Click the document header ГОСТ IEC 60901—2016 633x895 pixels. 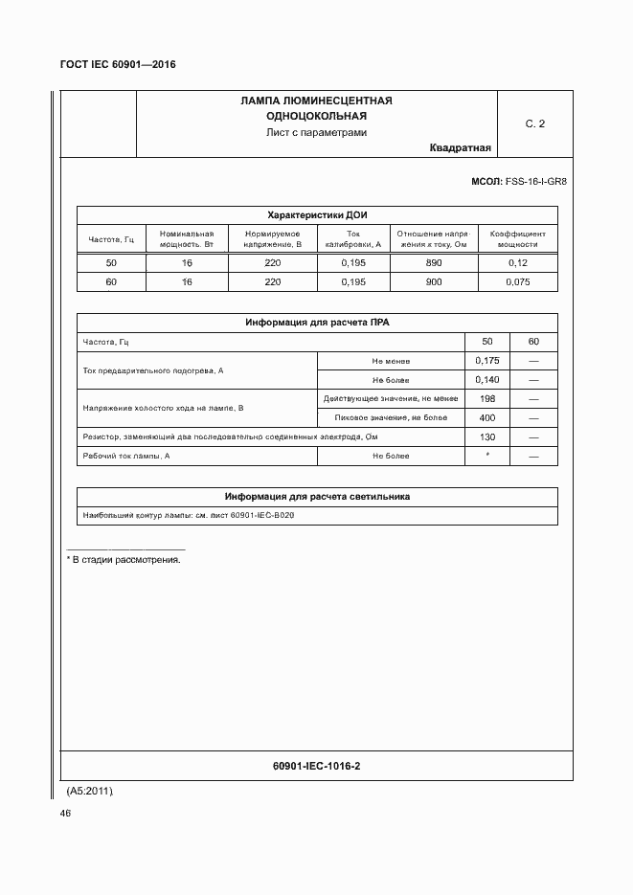pos(118,64)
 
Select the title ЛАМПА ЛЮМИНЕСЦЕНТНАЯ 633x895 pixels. pos(316,101)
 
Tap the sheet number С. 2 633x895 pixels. pos(534,123)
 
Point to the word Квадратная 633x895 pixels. pos(461,148)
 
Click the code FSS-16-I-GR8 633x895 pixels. pos(536,181)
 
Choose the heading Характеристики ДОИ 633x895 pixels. pos(316,215)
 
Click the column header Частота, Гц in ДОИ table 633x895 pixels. pos(111,238)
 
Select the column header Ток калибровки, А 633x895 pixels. pos(353,238)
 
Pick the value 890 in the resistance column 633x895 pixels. pos(434,262)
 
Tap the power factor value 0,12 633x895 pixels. pos(517,262)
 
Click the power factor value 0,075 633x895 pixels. pos(517,282)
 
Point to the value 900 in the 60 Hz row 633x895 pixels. pos(434,282)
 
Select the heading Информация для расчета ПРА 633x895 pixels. pos(316,323)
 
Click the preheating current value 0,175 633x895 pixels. pos(487,361)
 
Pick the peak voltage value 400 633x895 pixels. pos(487,417)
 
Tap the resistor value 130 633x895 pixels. pos(487,436)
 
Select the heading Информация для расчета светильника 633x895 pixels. pos(316,497)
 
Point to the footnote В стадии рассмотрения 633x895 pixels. pos(124,559)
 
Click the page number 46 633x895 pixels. pos(65,813)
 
